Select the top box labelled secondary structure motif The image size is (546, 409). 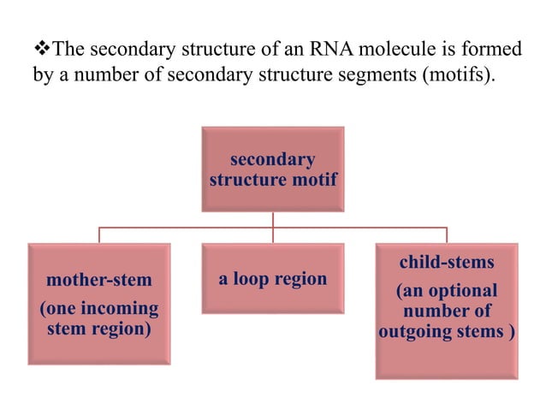273,169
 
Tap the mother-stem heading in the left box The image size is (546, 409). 98,280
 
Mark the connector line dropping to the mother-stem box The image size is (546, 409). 99,235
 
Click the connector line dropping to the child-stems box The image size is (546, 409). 446,235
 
